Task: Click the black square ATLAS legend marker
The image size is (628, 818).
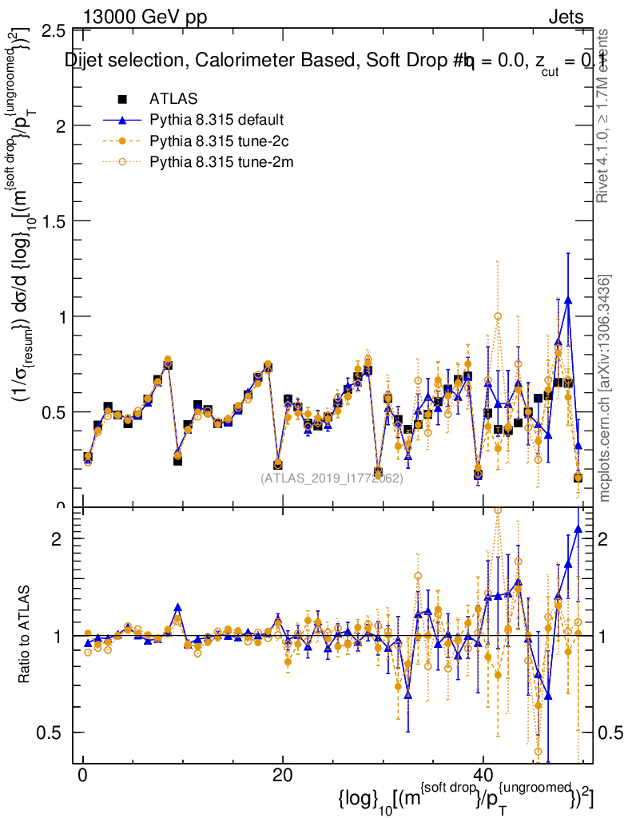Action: [x=122, y=99]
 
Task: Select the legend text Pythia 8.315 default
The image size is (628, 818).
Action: [x=217, y=121]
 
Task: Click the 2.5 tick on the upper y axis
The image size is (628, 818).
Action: [x=53, y=30]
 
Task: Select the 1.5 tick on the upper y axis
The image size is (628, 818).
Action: [x=53, y=221]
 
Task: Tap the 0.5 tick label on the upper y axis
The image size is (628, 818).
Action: [x=53, y=412]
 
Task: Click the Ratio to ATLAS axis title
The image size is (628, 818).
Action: [x=25, y=635]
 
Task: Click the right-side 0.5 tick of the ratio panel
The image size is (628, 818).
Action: [x=611, y=733]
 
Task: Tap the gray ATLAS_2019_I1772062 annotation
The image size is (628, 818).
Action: [x=332, y=479]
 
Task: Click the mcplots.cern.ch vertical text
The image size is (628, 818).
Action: [x=605, y=387]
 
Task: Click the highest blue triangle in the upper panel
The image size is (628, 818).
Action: [x=568, y=300]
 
